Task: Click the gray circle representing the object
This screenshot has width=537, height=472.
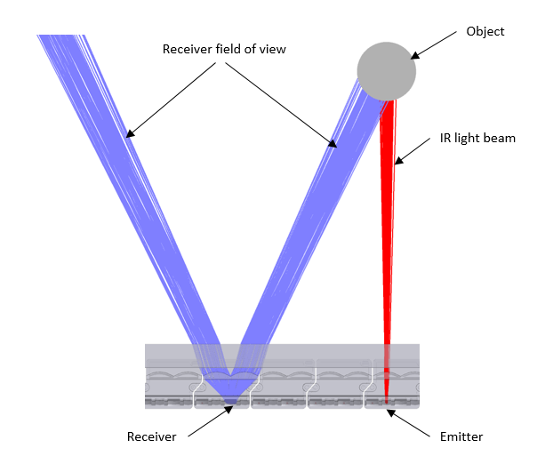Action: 386,71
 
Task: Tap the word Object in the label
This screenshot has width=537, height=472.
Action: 485,32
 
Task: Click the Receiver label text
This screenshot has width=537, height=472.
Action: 152,436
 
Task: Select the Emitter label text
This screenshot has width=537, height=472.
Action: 461,436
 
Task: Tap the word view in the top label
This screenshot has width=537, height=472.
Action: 272,49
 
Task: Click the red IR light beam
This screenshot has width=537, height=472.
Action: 387,222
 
